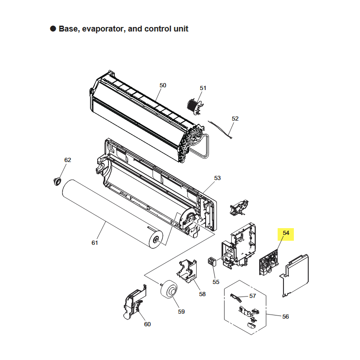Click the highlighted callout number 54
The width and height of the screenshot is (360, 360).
(286, 233)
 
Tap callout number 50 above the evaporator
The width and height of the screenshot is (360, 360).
(163, 85)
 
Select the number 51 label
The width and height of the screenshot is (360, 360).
(203, 88)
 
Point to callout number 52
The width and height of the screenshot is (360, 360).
(235, 119)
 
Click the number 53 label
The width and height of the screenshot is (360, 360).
(217, 178)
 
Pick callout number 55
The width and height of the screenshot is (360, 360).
(216, 282)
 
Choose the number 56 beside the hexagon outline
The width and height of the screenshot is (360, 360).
(285, 317)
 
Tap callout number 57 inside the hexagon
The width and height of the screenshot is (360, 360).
(252, 296)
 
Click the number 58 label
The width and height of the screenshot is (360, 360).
(202, 294)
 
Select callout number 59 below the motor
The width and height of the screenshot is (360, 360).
(181, 312)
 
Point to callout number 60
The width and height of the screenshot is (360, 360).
(148, 324)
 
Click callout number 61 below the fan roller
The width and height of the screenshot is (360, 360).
(95, 243)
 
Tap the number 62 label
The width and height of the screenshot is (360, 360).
(68, 160)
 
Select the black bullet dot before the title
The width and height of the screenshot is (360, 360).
(53, 29)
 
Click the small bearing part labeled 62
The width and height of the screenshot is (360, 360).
(57, 181)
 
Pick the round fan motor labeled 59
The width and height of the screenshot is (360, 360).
(169, 289)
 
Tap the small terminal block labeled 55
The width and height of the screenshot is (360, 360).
(212, 262)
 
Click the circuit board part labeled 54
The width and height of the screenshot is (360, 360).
(269, 263)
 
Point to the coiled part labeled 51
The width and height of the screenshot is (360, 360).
(195, 107)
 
